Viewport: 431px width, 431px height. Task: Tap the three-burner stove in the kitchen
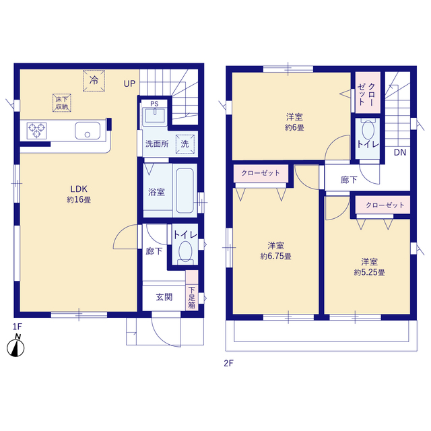pos(36,131)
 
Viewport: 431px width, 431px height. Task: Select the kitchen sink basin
pos(88,131)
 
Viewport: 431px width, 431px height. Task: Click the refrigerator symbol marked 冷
pos(94,81)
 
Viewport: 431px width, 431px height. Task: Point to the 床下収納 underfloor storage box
pos(62,103)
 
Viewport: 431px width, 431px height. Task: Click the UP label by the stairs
pos(129,84)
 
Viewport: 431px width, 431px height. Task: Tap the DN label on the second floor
pos(399,152)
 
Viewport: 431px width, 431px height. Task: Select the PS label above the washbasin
pos(154,104)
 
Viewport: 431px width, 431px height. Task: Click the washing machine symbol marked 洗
pos(185,143)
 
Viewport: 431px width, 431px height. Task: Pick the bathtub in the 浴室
pos(185,190)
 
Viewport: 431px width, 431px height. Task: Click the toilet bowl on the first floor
pos(185,251)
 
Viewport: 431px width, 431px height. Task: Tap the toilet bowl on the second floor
pos(368,130)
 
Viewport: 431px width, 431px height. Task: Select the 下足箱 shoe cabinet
pos(192,290)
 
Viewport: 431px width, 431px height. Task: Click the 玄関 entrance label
pos(164,297)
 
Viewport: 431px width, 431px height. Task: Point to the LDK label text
pos(79,189)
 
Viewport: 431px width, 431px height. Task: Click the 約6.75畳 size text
pos(275,257)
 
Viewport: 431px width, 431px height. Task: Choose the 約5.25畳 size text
pos(369,272)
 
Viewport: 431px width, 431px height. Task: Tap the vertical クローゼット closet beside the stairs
pos(368,93)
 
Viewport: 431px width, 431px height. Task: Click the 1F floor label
pos(18,327)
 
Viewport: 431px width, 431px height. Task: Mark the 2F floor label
pos(228,364)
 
